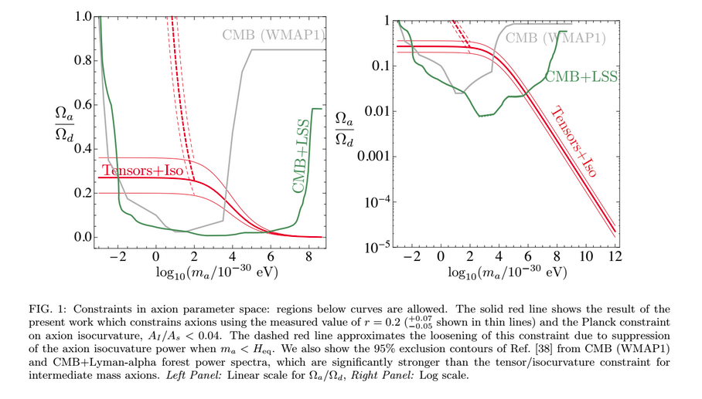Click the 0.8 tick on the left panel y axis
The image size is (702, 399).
81,60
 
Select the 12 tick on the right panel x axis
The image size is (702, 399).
615,255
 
